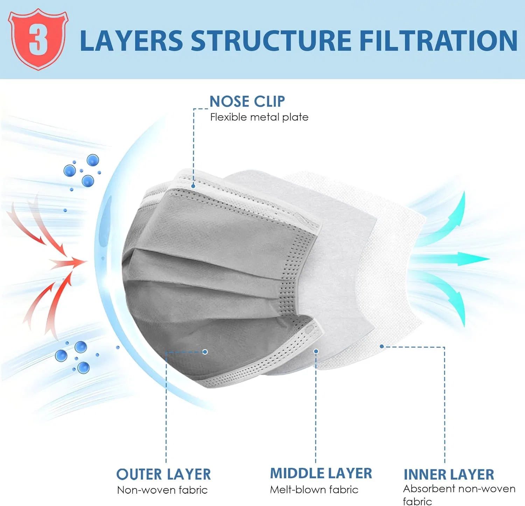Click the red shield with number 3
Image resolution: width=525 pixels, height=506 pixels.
point(38,39)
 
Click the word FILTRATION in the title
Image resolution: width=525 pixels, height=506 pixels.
point(438,41)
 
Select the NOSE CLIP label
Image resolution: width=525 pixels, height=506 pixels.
point(247,102)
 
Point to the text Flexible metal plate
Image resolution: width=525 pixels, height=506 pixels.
point(259,117)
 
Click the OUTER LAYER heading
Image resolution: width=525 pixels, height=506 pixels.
point(163,474)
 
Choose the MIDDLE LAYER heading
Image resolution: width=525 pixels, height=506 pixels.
point(321,473)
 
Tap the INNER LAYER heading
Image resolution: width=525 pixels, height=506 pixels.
point(449,474)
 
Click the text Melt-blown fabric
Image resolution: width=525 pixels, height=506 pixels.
point(314,490)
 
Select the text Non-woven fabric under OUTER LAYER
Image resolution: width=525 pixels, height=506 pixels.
point(162,490)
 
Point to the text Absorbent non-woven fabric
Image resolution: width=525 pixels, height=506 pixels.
point(459,495)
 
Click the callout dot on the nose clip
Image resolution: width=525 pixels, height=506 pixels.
point(193,186)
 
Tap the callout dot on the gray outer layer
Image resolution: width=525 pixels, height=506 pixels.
point(205,352)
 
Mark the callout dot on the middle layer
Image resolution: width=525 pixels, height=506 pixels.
point(316,351)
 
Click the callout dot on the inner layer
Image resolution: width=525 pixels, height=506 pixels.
point(382,346)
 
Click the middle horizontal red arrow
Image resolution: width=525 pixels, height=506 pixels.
point(68,262)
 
